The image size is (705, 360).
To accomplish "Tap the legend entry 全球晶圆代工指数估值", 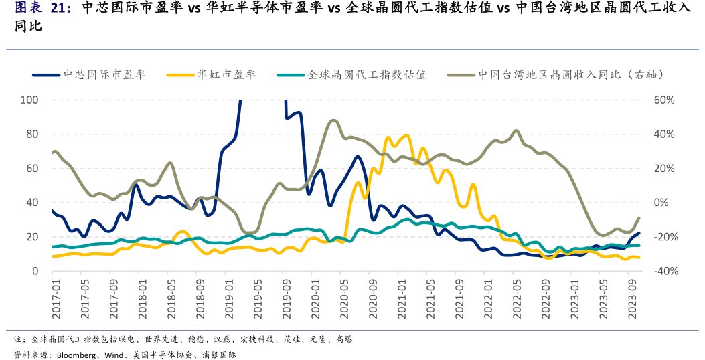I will click(x=367, y=74).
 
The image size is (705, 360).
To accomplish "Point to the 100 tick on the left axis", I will click(x=31, y=100).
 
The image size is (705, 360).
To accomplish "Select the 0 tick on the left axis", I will click(x=37, y=271).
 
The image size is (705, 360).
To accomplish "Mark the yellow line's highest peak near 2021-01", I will click(x=407, y=135).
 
